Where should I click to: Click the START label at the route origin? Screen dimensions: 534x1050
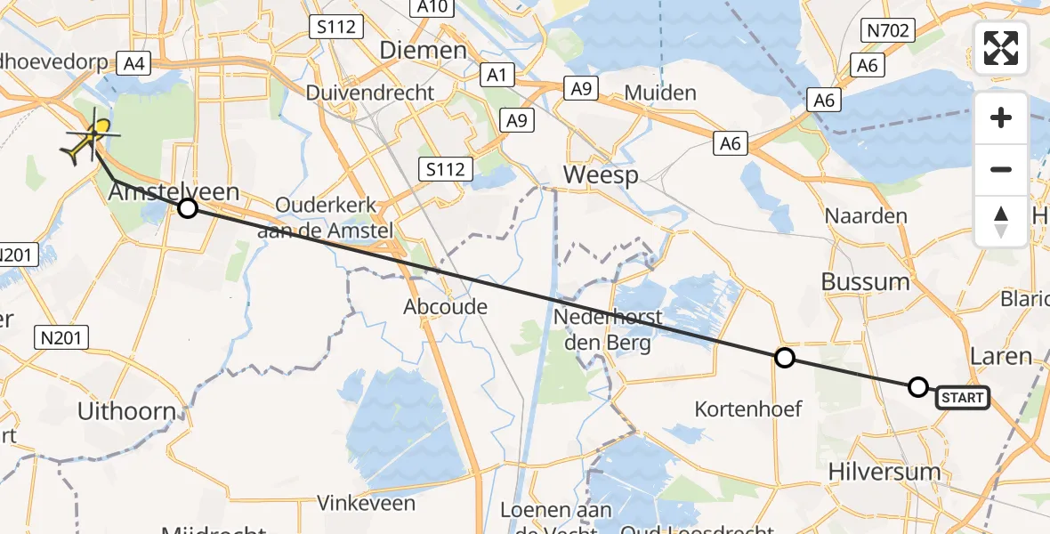pyautogui.click(x=962, y=398)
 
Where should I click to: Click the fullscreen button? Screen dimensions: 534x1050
pyautogui.click(x=1001, y=48)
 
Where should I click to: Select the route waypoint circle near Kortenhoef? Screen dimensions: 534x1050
pyautogui.click(x=784, y=358)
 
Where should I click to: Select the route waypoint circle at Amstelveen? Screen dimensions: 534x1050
pyautogui.click(x=187, y=208)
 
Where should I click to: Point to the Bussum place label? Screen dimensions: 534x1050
pyautogui.click(x=866, y=281)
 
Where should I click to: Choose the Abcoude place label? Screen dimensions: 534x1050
pyautogui.click(x=446, y=307)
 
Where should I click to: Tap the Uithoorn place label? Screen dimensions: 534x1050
pyautogui.click(x=125, y=412)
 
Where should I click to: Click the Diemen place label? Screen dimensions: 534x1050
pyautogui.click(x=423, y=50)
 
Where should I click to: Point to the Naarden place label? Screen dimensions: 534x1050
pyautogui.click(x=866, y=215)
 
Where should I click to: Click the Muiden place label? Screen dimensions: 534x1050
pyautogui.click(x=660, y=92)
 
